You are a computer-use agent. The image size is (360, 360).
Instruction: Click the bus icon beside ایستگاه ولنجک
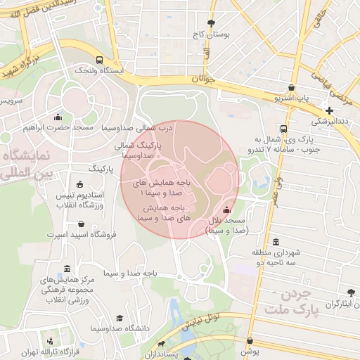tap(100, 60)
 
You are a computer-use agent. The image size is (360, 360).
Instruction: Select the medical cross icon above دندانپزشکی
tap(330, 110)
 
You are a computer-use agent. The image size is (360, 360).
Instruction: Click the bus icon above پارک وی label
tap(283, 129)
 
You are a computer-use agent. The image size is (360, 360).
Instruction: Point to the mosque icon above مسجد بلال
tap(226, 210)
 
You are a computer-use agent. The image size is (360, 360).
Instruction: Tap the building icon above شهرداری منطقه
tap(275, 241)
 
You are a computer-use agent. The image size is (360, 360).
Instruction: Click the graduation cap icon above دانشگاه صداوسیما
tap(120, 319)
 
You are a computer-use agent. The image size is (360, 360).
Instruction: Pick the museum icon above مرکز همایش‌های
tap(67, 269)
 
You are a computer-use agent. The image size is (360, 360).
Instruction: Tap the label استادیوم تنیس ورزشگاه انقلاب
tap(79, 199)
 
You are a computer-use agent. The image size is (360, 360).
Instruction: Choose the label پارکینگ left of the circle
tap(101, 169)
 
